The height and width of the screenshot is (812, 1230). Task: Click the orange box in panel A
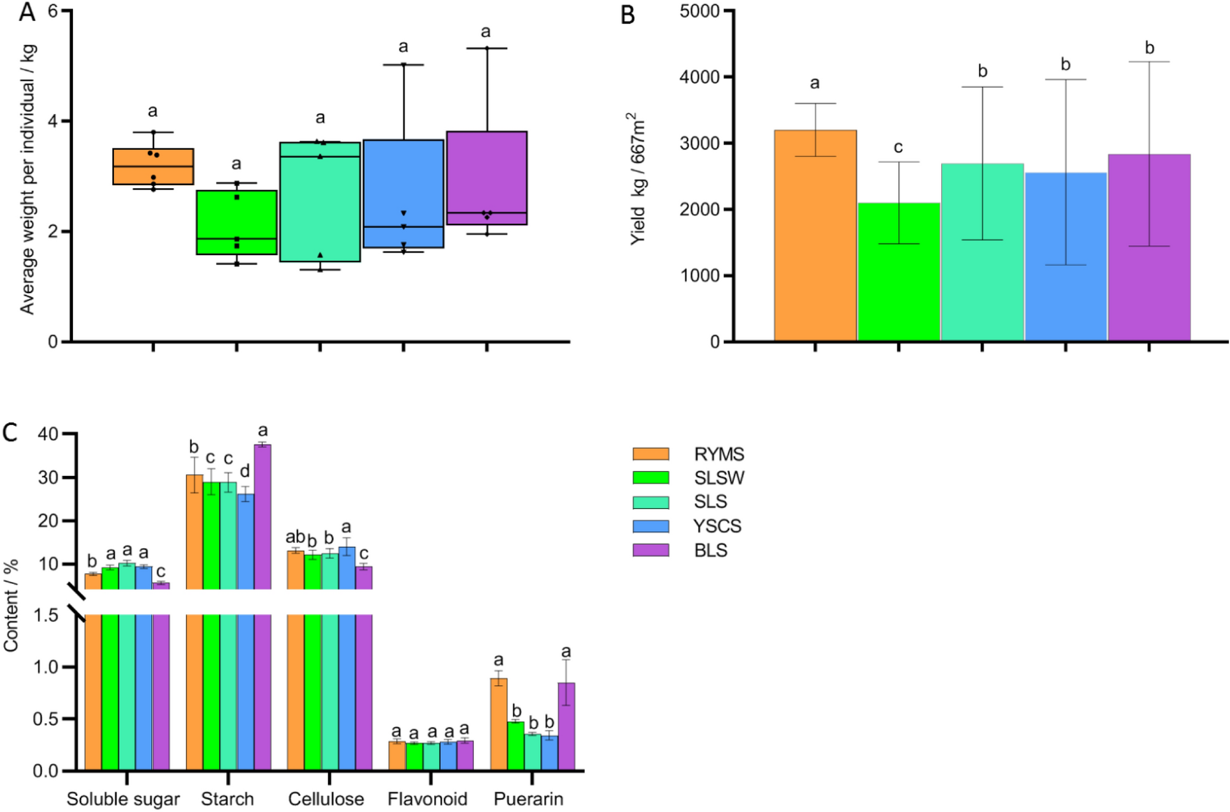153,166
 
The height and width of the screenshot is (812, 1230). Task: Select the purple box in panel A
487,178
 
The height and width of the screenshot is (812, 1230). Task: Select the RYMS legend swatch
651,454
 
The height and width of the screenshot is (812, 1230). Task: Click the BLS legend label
710,550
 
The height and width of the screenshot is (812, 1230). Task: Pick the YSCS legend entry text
717,526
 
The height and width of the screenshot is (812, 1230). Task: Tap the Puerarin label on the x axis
529,799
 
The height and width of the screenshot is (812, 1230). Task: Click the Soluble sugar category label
123,799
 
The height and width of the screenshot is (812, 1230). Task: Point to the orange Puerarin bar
498,724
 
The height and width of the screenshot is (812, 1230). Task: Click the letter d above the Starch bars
245,472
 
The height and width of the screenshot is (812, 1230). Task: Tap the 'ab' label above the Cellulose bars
295,537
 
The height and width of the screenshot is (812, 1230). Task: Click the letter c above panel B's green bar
898,147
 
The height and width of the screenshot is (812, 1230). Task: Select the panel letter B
627,15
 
